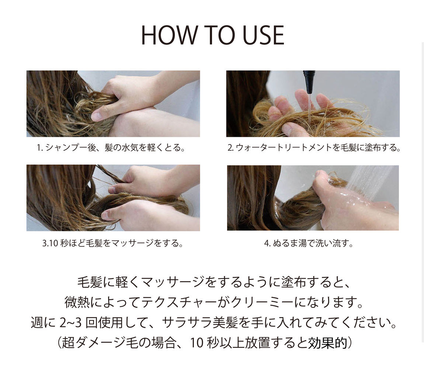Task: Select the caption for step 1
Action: pos(111,148)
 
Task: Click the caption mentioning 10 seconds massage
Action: pos(113,244)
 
